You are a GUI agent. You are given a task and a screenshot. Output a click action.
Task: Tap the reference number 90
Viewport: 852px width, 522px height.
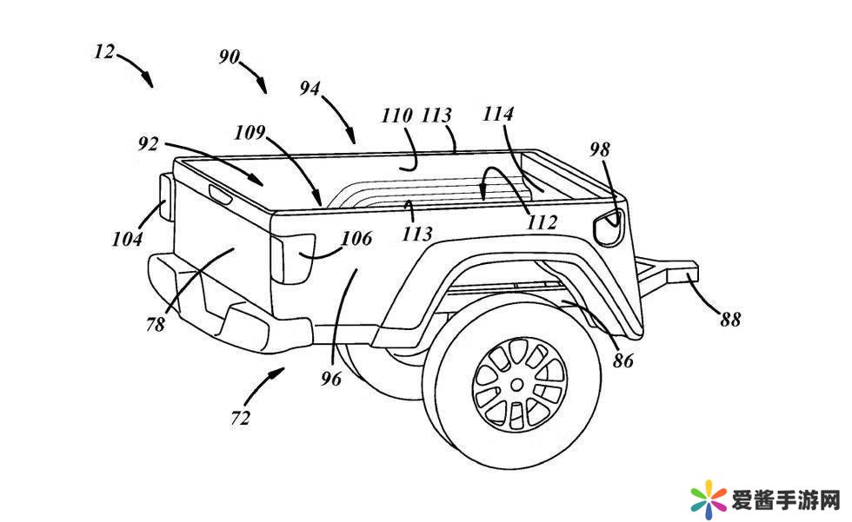click(230, 56)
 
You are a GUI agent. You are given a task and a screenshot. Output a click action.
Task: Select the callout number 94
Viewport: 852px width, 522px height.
click(310, 89)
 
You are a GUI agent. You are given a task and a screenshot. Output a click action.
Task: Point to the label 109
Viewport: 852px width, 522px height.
click(250, 132)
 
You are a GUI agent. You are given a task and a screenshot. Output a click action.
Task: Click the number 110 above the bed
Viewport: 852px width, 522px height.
click(397, 116)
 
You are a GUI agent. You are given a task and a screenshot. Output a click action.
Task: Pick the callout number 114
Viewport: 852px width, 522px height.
click(498, 114)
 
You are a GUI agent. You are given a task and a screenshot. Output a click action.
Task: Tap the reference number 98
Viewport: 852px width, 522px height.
click(600, 149)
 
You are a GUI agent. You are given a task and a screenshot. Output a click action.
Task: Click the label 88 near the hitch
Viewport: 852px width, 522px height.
click(730, 320)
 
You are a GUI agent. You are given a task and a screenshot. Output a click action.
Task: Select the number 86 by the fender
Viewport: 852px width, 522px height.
click(623, 360)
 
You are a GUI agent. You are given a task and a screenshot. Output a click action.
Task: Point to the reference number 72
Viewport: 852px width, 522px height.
click(241, 419)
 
